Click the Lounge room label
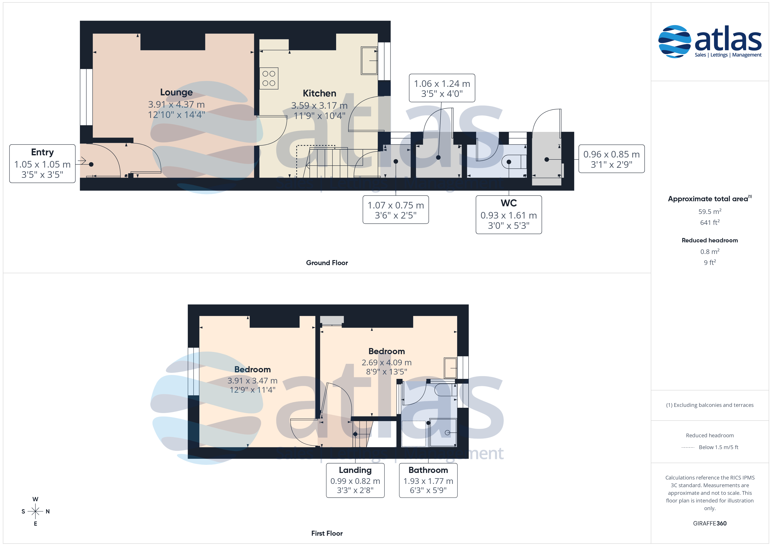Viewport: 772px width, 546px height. (176, 92)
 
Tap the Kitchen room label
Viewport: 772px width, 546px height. (319, 93)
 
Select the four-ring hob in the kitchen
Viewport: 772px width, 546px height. (269, 78)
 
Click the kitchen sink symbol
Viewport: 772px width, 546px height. (369, 61)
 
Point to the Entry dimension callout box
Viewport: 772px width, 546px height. (42, 164)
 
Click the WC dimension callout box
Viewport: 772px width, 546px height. (509, 215)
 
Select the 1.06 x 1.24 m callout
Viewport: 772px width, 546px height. (442, 88)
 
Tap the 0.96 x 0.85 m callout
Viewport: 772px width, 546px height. (611, 159)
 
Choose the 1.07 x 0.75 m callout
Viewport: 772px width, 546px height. (396, 210)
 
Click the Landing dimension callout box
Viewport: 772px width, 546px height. (355, 480)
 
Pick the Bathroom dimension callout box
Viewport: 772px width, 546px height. (428, 480)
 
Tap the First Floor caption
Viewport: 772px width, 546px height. (327, 533)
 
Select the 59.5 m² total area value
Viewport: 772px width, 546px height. (710, 212)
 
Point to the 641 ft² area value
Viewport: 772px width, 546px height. (710, 222)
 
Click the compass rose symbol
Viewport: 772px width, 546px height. (35, 511)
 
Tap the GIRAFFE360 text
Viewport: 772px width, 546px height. (710, 523)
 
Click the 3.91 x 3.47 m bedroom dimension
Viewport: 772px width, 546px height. (253, 381)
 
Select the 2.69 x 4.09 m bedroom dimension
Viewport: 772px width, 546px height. (387, 362)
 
